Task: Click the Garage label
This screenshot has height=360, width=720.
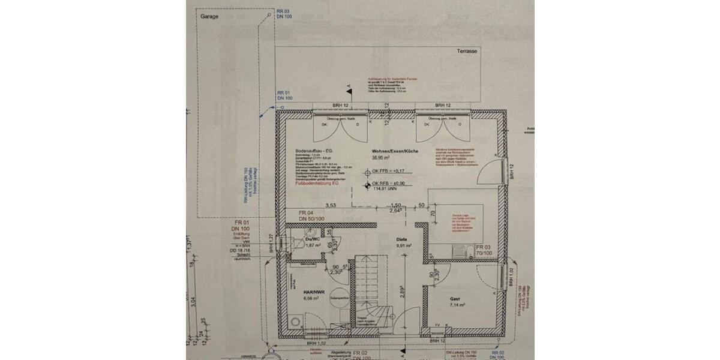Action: (x=210, y=17)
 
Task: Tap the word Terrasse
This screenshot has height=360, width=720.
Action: (x=466, y=52)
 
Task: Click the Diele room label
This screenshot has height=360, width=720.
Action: (x=402, y=238)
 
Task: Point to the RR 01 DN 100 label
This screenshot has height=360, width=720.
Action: (x=284, y=94)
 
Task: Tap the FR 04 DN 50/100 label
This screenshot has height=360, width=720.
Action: (x=311, y=217)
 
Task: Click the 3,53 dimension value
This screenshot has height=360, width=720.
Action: (x=330, y=205)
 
